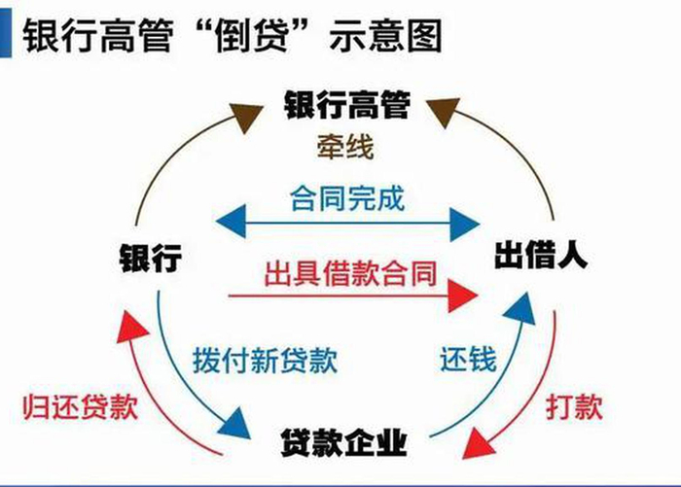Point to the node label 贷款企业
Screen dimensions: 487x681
click(345, 442)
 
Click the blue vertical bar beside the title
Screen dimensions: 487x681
click(7, 33)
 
